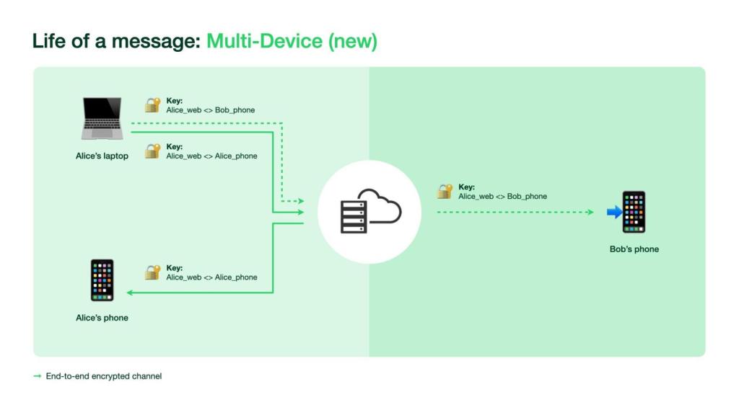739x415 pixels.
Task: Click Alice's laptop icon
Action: click(102, 119)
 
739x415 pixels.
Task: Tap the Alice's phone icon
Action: click(102, 280)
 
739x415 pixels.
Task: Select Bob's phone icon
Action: click(634, 212)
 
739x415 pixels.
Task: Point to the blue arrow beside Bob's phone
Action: click(614, 212)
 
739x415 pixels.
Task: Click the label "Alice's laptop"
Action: click(102, 156)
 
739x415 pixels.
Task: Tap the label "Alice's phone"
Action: click(102, 318)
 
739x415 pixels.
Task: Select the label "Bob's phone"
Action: click(634, 249)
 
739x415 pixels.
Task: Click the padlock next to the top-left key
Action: click(152, 105)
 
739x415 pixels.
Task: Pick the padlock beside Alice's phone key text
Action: click(152, 272)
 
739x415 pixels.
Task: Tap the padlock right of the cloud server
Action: click(445, 192)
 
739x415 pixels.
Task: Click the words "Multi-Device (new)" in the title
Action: click(292, 41)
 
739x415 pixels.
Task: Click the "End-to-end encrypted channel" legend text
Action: click(104, 376)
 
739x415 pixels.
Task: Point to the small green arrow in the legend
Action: click(38, 376)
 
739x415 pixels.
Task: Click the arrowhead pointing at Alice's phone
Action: click(130, 293)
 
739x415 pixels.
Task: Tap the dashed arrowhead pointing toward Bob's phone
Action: click(590, 212)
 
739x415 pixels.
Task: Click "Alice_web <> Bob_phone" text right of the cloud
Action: click(502, 196)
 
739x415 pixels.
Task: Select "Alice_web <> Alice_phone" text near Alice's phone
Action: click(211, 277)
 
